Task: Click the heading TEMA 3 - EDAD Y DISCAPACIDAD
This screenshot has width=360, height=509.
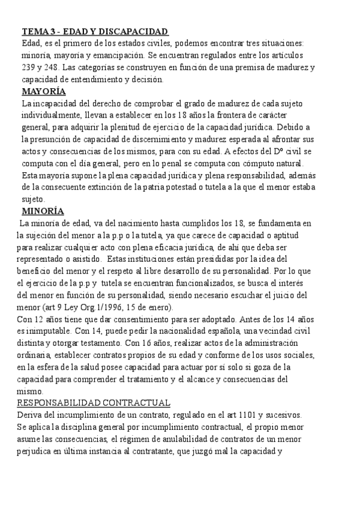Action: click(95, 31)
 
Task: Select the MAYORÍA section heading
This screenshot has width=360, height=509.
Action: click(44, 91)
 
